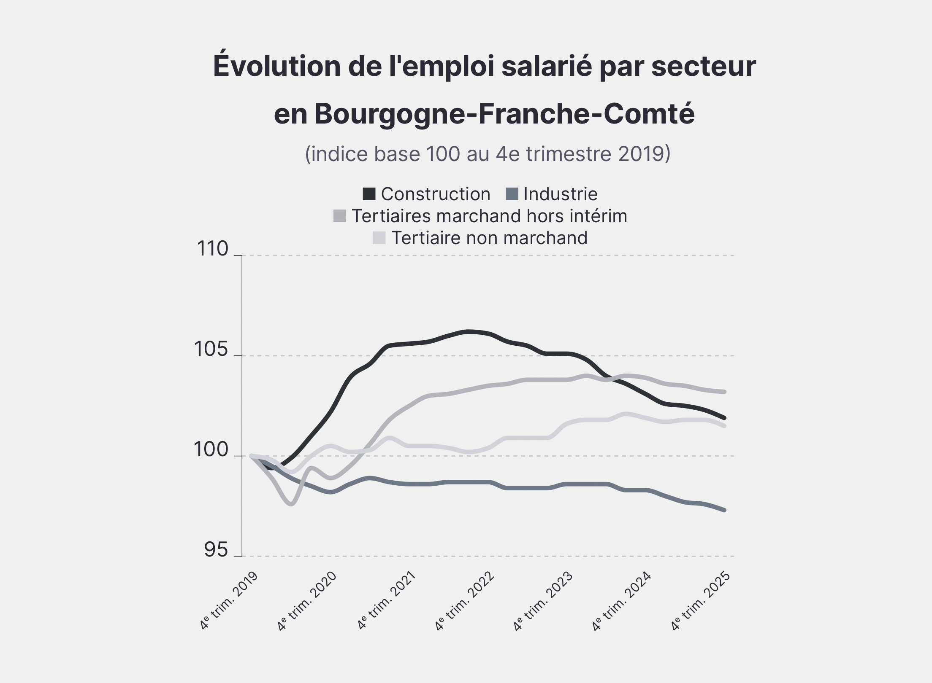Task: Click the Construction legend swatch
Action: (369, 194)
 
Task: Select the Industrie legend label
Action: (560, 194)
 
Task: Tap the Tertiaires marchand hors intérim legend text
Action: (489, 216)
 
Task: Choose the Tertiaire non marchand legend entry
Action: (489, 238)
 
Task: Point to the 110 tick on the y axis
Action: (213, 249)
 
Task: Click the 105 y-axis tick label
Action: (211, 350)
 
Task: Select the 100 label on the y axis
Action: (211, 450)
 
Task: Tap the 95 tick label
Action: (216, 550)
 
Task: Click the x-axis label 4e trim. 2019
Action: (229, 601)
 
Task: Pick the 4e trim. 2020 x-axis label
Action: (307, 601)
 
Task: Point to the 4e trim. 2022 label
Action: (465, 601)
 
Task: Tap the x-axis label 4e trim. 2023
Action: (543, 601)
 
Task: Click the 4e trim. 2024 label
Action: (622, 601)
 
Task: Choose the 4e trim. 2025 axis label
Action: (701, 601)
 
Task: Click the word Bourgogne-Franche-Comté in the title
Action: (504, 114)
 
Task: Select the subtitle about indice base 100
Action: (488, 154)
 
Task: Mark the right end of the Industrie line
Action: (724, 510)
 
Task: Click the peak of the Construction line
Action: (469, 331)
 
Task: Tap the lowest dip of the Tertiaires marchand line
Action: (292, 504)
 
